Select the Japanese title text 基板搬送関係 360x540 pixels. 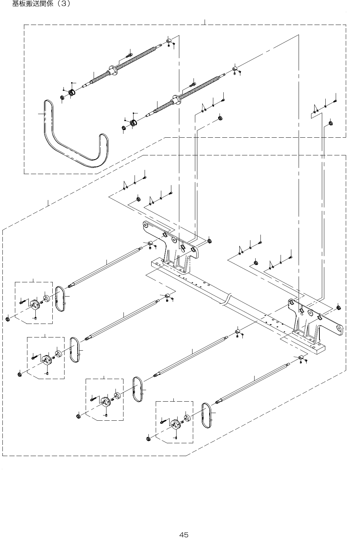click(x=33, y=4)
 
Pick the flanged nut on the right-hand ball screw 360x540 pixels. click(x=177, y=100)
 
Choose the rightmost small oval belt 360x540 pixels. click(x=206, y=415)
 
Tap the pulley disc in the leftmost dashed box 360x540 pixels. click(x=35, y=305)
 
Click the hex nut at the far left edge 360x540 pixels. click(x=8, y=319)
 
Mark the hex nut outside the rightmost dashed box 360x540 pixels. click(x=148, y=438)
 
